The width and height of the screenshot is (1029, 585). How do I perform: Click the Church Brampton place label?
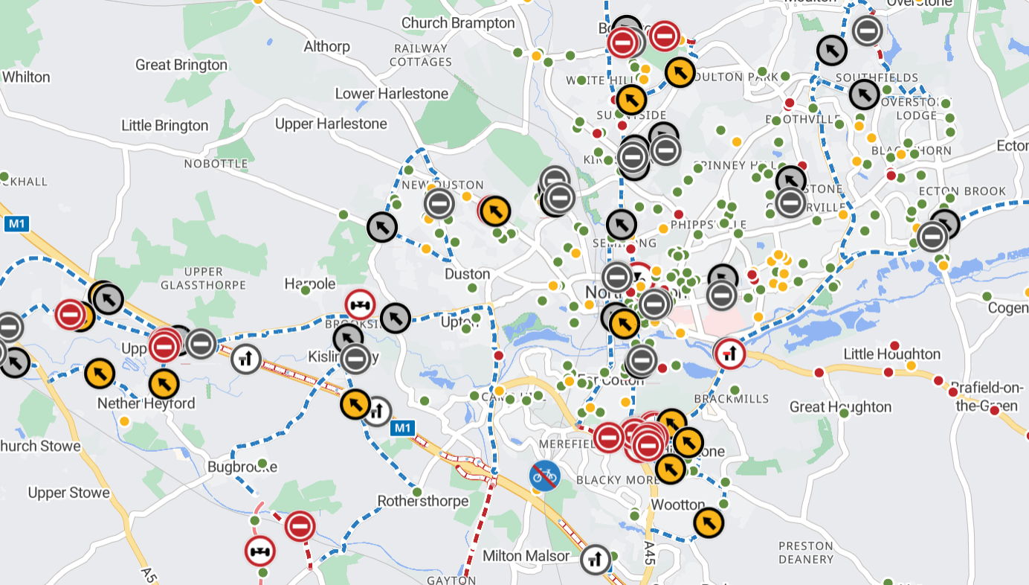click(x=458, y=23)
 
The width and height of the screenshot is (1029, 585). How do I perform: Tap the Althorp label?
click(x=326, y=47)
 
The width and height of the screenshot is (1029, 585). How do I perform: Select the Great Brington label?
click(x=181, y=65)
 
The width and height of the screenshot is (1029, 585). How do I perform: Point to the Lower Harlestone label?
click(x=392, y=94)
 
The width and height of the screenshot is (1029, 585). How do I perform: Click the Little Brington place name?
click(x=165, y=126)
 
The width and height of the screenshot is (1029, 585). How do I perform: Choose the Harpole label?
click(x=310, y=284)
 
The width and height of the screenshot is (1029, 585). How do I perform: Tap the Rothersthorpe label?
click(x=423, y=501)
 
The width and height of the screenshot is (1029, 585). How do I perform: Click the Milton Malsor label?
click(x=526, y=556)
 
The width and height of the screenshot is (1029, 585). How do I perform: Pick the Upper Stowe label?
click(x=68, y=493)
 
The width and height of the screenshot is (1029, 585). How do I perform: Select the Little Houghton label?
click(x=891, y=354)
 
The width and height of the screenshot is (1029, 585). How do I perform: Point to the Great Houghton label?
click(x=840, y=407)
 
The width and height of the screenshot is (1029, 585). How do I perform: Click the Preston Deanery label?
click(x=806, y=552)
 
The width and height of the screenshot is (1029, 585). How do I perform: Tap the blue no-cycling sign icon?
click(x=544, y=475)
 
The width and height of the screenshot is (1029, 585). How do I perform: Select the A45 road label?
click(x=650, y=552)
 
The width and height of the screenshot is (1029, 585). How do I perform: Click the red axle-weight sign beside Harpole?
click(x=360, y=305)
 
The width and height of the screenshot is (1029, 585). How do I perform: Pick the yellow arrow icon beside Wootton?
click(x=709, y=522)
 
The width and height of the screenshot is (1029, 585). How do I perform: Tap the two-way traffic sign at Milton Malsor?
click(x=596, y=560)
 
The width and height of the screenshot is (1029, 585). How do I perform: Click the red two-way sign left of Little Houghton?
click(x=729, y=354)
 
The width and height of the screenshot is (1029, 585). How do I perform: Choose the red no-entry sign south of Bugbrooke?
click(x=300, y=526)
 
